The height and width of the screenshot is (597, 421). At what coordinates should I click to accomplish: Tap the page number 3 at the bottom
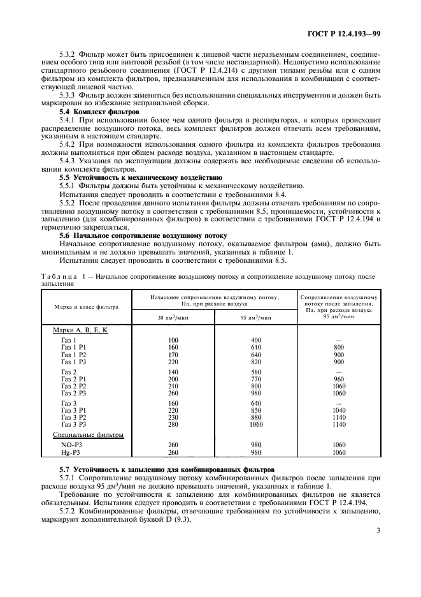pyautogui.click(x=378, y=528)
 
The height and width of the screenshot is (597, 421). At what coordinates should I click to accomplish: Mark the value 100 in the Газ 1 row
pyautogui.click(x=173, y=340)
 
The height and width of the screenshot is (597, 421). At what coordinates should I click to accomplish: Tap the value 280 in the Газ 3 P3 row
pyautogui.click(x=173, y=424)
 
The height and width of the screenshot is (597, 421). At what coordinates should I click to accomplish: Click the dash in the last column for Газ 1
pyautogui.click(x=338, y=340)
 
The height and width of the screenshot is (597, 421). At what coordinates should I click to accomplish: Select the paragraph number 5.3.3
pyautogui.click(x=69, y=95)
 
